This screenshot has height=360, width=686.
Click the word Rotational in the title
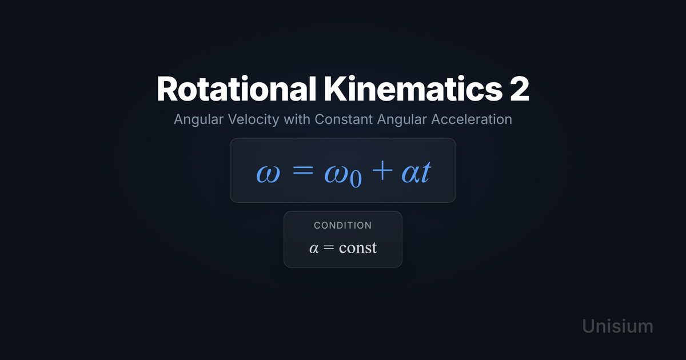[236, 89]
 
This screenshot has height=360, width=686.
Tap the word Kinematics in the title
[413, 89]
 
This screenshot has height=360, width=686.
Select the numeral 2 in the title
[520, 89]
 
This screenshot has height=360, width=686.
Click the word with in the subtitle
[297, 119]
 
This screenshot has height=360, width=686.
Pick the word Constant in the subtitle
[344, 119]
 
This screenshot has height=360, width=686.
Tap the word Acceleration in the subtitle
[472, 119]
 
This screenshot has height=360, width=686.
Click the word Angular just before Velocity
[199, 119]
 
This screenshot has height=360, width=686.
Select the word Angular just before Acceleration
[402, 119]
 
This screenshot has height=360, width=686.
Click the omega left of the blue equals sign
[268, 174]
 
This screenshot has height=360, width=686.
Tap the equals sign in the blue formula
[303, 170]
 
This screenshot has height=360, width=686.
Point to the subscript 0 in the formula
[356, 179]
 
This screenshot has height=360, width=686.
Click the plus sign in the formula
[382, 170]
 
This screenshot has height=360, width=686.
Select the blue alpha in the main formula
[411, 174]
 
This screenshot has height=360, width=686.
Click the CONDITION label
[343, 226]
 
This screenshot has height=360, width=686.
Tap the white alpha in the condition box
[314, 248]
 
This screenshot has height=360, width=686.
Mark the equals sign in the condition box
[329, 247]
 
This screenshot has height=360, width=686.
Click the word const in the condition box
[358, 247]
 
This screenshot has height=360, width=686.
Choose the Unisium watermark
[618, 326]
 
